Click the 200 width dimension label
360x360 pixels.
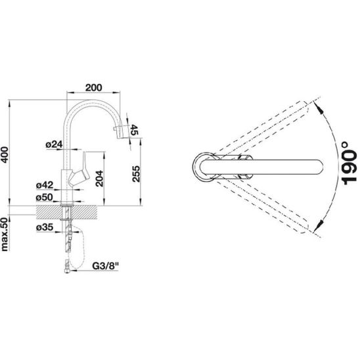tap(93, 87)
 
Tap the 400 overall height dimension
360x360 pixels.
tap(5, 155)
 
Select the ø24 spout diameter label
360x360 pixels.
tap(54, 145)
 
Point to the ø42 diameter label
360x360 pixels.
tap(45, 185)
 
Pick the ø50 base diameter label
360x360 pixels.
tap(45, 197)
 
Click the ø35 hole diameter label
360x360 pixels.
tap(45, 227)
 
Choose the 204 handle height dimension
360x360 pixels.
tap(99, 179)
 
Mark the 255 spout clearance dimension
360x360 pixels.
tap(136, 174)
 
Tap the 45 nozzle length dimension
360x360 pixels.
tap(134, 129)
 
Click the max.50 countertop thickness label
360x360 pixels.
tap(5, 234)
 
